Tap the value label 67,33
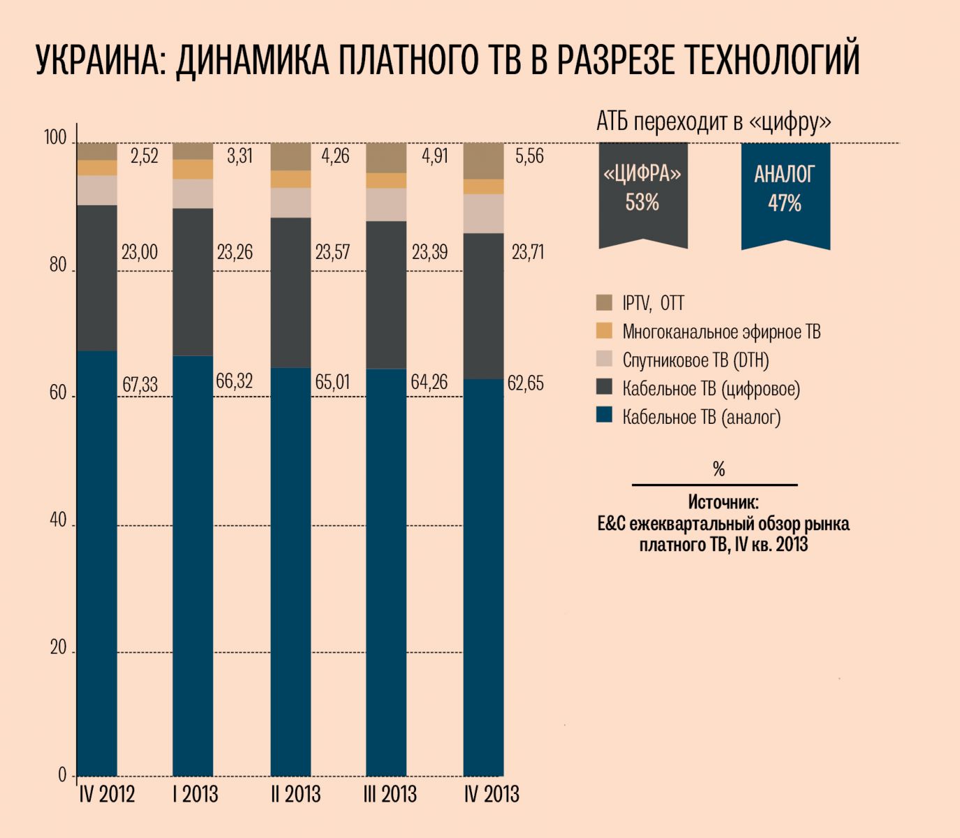click(x=140, y=384)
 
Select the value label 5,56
click(x=529, y=156)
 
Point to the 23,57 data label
click(x=332, y=251)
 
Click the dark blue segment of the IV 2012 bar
click(x=96, y=559)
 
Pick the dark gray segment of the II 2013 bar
click(x=290, y=293)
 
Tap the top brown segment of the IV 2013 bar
click(x=483, y=161)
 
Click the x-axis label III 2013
click(x=390, y=794)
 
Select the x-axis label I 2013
click(x=195, y=794)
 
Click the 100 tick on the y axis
click(x=55, y=138)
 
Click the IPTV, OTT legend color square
click(x=604, y=302)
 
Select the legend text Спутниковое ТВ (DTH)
click(x=695, y=360)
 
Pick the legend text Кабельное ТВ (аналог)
click(x=701, y=417)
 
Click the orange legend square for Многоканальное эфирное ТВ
click(x=604, y=331)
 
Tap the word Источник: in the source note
click(x=723, y=502)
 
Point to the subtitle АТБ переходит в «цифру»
click(x=714, y=122)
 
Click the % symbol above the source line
click(x=719, y=469)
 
